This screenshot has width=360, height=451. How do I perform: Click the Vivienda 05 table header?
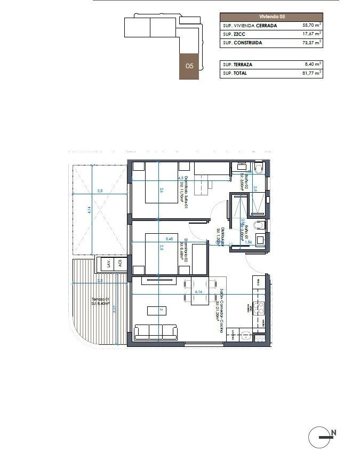(x=271, y=17)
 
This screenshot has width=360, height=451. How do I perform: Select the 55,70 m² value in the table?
(x=310, y=25)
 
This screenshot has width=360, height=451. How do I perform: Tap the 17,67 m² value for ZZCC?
(x=310, y=34)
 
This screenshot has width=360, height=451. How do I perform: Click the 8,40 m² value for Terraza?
(x=311, y=65)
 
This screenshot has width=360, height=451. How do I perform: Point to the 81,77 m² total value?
(x=310, y=73)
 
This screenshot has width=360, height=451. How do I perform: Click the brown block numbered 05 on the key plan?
(x=189, y=66)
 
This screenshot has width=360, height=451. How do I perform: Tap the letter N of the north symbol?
(x=333, y=432)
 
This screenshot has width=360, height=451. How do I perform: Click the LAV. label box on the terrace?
(x=109, y=263)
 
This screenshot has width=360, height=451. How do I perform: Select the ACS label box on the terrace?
(x=121, y=263)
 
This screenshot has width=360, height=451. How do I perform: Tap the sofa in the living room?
(x=156, y=332)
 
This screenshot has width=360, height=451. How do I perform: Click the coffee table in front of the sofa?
(x=161, y=310)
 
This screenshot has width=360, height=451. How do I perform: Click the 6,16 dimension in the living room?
(x=199, y=292)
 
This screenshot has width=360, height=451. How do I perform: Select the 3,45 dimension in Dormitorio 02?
(x=170, y=239)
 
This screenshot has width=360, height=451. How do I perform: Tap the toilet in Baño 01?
(x=260, y=226)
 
